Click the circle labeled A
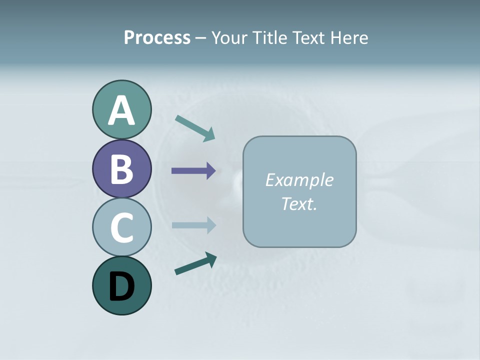click(x=121, y=109)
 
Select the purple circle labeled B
click(x=121, y=168)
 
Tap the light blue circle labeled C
click(x=121, y=227)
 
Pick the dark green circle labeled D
click(x=121, y=285)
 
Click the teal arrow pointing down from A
click(x=195, y=128)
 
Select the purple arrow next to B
click(x=193, y=171)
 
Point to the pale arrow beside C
click(x=193, y=225)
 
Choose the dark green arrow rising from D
click(x=195, y=264)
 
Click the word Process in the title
click(x=157, y=38)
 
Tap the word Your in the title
click(x=231, y=38)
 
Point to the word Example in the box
click(x=299, y=180)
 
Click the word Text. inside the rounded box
click(x=299, y=203)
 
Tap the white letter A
click(x=121, y=111)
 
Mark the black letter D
click(x=121, y=286)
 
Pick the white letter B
click(x=121, y=169)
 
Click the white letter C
click(x=121, y=227)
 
